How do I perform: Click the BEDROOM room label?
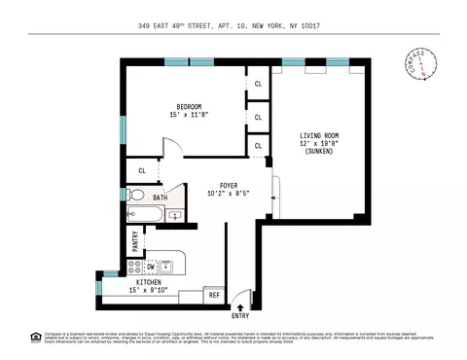pyautogui.click(x=189, y=106)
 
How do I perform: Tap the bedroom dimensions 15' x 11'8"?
pyautogui.click(x=189, y=115)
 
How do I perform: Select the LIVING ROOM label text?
pyautogui.click(x=317, y=135)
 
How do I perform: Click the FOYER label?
pyautogui.click(x=229, y=185)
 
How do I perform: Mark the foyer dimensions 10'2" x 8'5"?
pyautogui.click(x=229, y=194)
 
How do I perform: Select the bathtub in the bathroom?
pyautogui.click(x=144, y=214)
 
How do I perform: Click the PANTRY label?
pyautogui.click(x=135, y=238)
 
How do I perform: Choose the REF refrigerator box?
pyautogui.click(x=214, y=295)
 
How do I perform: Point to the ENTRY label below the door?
pyautogui.click(x=239, y=316)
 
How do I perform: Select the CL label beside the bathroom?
pyautogui.click(x=142, y=170)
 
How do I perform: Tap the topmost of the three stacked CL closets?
pyautogui.click(x=258, y=84)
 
